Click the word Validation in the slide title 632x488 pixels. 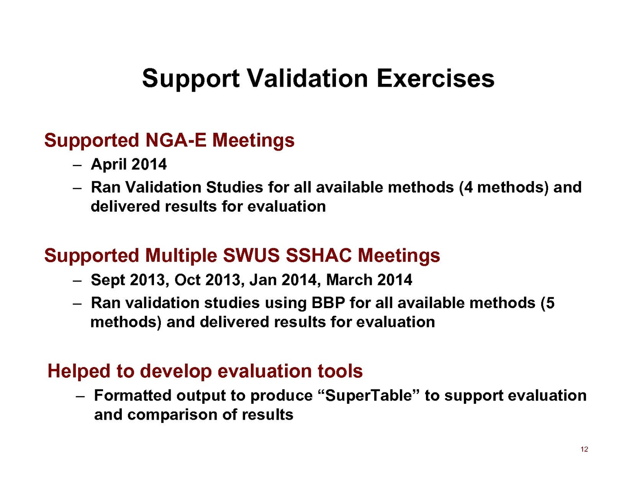coord(308,79)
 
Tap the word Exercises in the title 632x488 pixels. coord(436,79)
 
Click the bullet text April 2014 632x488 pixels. coord(129,164)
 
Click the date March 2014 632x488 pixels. coord(369,280)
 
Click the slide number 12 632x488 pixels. coord(584,449)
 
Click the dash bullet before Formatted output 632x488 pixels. coord(80,397)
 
